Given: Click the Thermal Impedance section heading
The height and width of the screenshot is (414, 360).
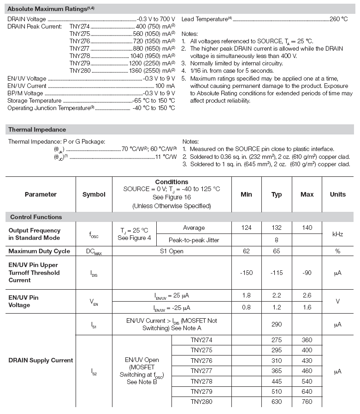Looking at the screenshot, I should (x=37, y=129).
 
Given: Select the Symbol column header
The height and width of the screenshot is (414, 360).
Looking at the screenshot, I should (x=94, y=194).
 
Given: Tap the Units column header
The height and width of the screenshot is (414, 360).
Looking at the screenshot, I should (x=337, y=194).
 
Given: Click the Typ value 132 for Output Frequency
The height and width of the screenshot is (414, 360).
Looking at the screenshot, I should (x=277, y=227).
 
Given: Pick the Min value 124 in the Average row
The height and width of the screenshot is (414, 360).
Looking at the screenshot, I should (x=246, y=227).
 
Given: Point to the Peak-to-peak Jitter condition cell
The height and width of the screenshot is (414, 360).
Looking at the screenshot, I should (x=194, y=240).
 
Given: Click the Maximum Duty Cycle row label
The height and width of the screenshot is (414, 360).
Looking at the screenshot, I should (x=39, y=251).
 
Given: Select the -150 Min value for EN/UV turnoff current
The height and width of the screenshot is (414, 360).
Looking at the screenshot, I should (x=246, y=273).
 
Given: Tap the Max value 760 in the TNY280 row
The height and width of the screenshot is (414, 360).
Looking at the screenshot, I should (x=307, y=402).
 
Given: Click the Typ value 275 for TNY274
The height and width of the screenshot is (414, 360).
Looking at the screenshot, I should (x=277, y=340).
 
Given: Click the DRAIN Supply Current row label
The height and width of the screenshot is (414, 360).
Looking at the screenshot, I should (x=41, y=360).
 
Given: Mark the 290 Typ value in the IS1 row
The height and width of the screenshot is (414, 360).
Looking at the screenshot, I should (x=277, y=325).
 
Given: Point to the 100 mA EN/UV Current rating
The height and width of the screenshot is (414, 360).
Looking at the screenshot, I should (x=165, y=86).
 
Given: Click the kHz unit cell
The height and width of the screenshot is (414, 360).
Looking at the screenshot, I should (x=337, y=234).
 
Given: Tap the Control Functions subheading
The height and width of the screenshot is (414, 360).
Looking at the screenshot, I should (x=36, y=217).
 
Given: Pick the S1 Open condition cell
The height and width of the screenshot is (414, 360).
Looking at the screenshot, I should (x=171, y=251).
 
